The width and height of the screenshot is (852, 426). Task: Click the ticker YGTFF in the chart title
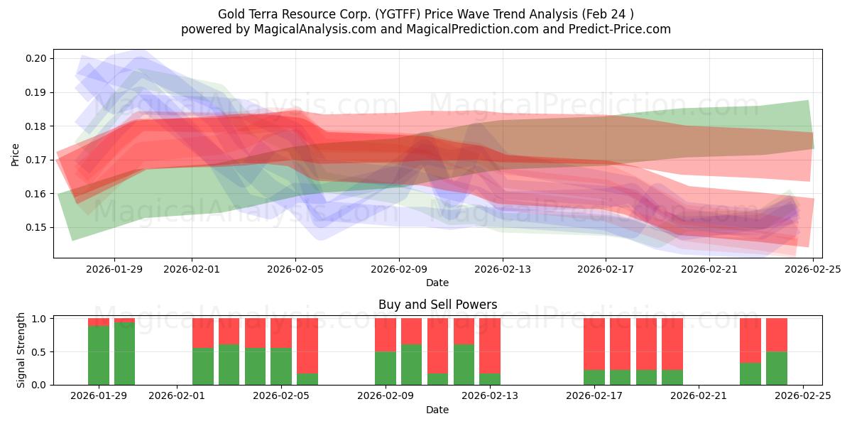[407, 13]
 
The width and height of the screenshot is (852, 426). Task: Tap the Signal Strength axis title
[21, 350]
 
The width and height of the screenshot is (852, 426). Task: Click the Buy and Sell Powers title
[437, 305]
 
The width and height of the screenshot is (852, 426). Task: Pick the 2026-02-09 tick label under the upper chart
[399, 269]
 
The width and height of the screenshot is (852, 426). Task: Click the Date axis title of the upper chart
[437, 283]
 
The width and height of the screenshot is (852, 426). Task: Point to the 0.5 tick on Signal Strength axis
[40, 351]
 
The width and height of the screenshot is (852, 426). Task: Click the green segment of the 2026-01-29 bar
[99, 355]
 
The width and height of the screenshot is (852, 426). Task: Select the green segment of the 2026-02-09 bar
[386, 368]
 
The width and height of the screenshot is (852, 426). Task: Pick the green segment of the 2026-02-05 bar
[281, 366]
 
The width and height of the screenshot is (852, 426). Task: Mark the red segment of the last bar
[777, 334]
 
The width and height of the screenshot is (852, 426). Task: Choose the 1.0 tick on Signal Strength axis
[40, 319]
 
